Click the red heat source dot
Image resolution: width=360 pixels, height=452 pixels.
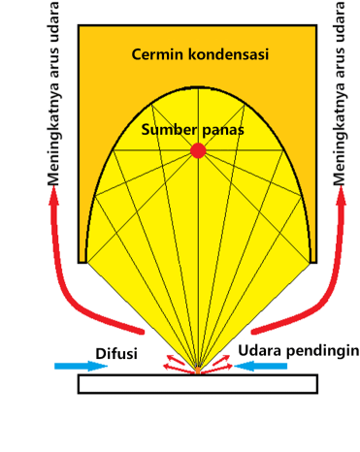198,150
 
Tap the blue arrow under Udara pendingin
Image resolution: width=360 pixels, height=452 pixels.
262,366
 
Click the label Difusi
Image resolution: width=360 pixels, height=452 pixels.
115,350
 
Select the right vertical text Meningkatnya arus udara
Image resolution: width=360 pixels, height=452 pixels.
339,97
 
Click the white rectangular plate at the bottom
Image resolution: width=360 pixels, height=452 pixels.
197,383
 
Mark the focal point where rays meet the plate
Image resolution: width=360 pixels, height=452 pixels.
198,371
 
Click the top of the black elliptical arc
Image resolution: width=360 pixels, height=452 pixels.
198,87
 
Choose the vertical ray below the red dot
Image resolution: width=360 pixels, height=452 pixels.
198,262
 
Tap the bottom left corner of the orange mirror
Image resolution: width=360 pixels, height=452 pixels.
80,262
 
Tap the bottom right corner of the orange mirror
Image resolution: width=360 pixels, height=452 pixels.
316,262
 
